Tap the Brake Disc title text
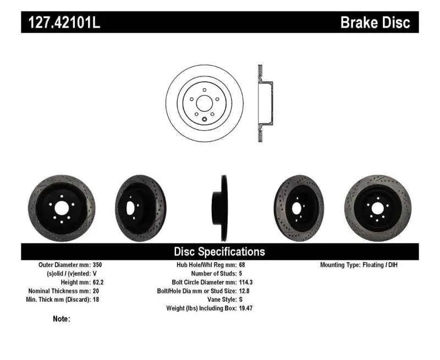pos(375,22)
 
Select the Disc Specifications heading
pos(219,252)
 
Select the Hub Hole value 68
pos(243,265)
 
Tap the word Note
pos(61,319)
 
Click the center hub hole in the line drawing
pos(204,103)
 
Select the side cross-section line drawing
pos(263,103)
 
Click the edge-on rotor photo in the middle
pos(219,208)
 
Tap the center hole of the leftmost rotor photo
pos(61,208)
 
